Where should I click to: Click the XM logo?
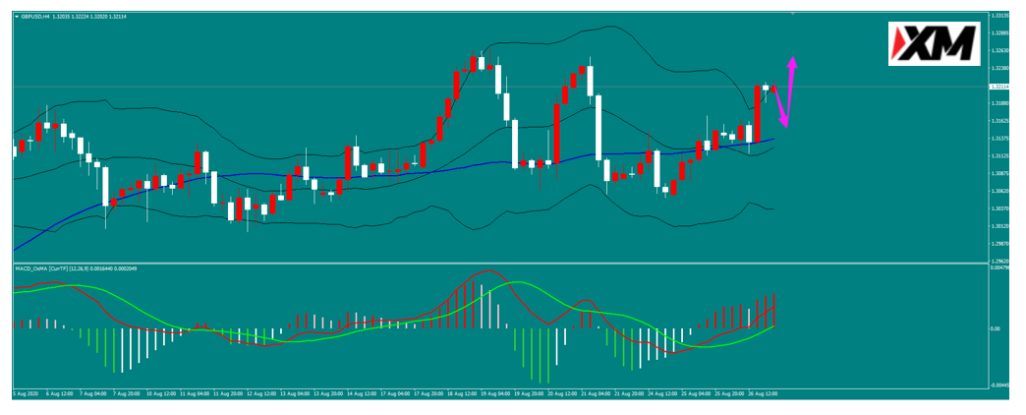[x=934, y=43]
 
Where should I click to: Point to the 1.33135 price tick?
[x=1001, y=16]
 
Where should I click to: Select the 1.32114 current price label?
[x=1001, y=87]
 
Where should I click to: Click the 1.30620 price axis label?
[x=1001, y=191]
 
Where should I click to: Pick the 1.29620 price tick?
[x=1001, y=262]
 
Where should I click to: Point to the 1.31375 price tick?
[x=1001, y=139]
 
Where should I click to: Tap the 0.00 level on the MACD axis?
[x=995, y=328]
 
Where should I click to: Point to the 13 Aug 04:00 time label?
[x=294, y=393]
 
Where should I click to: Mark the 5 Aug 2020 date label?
[x=26, y=393]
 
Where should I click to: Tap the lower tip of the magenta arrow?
[x=784, y=125]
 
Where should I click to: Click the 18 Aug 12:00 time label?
[x=462, y=393]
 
